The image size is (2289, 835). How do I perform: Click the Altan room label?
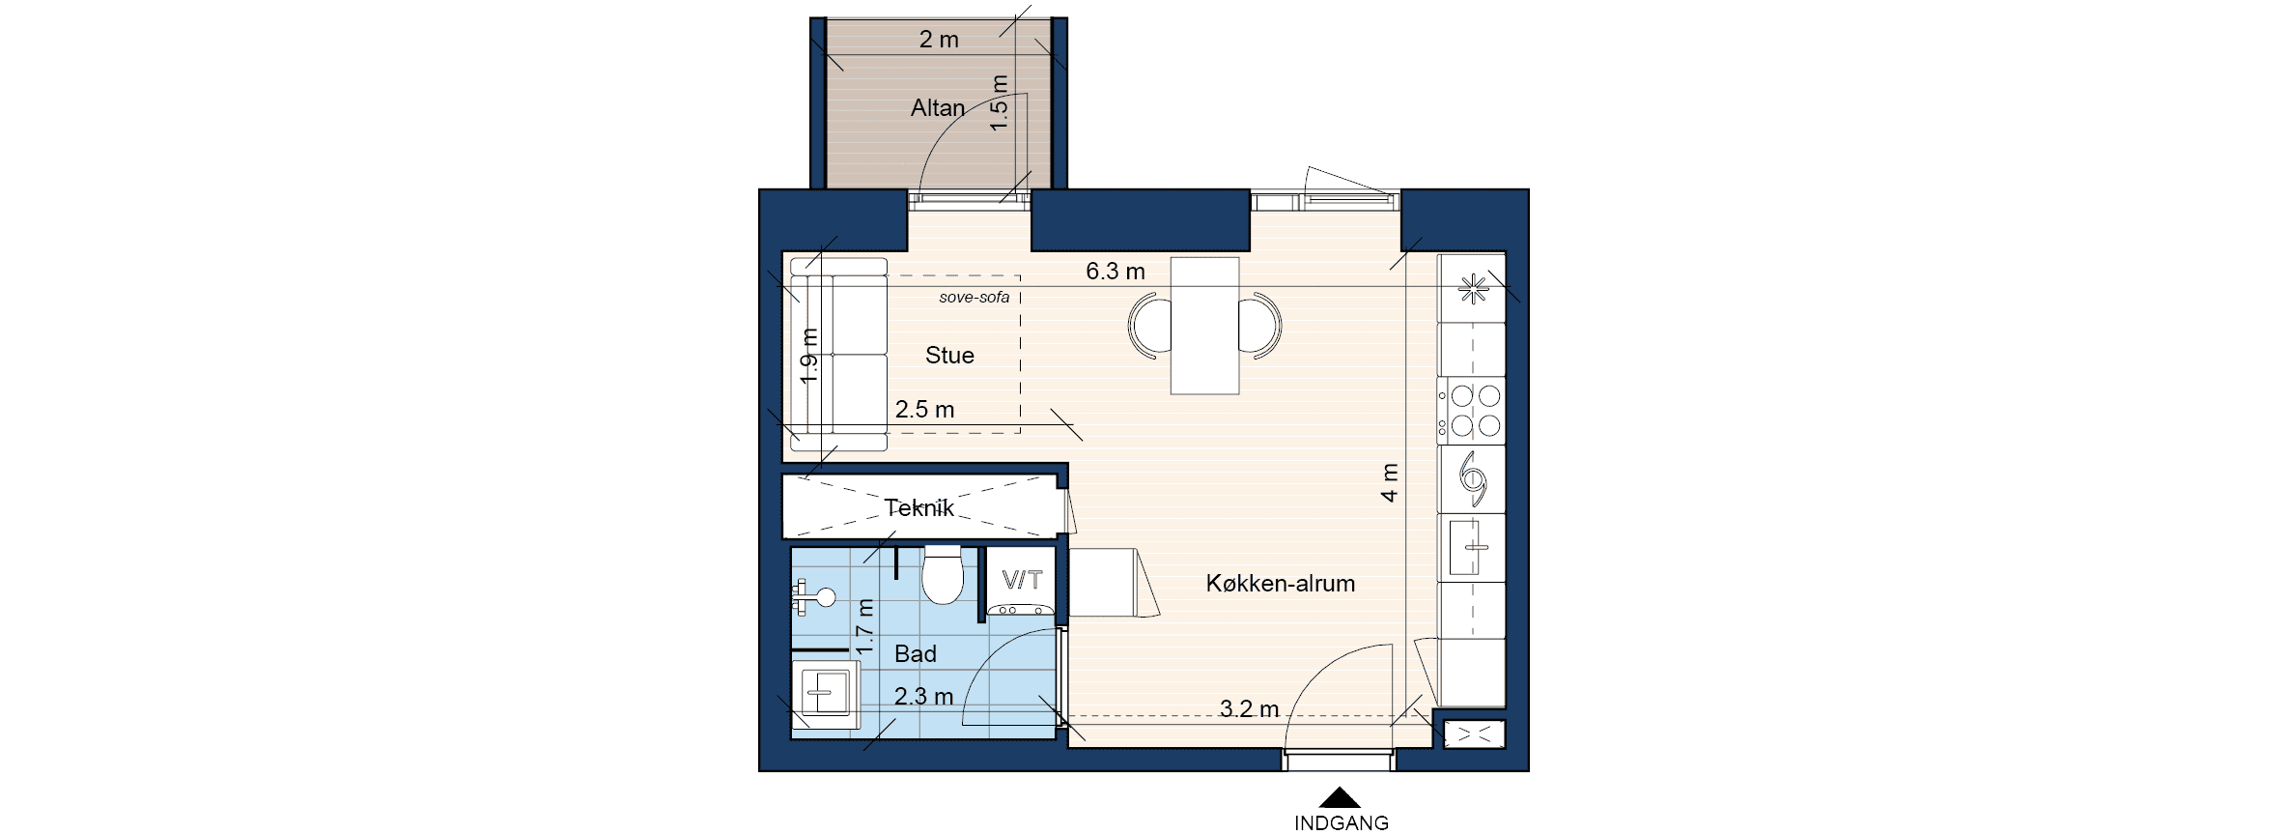pos(938,107)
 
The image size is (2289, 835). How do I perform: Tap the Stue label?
pos(949,356)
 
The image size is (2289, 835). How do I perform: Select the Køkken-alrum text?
pos(1281,584)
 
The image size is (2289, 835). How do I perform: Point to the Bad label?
pos(916,654)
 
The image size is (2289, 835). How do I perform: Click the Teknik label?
pos(919,508)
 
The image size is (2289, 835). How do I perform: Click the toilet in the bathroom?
pos(943,578)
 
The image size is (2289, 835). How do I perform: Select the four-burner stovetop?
pos(1471,411)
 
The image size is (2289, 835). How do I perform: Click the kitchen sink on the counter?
pos(1472,547)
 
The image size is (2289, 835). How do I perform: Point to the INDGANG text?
pos(1342,823)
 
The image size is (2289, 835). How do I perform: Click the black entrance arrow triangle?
pos(1341,797)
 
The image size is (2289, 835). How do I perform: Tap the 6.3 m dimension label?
pos(1116,272)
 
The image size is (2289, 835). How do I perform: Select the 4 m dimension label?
pos(1389,483)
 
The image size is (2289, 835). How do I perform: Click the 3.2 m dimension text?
pos(1249,709)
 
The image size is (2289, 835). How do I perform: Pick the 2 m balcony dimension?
pos(939,40)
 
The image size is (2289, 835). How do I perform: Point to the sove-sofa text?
pos(975,297)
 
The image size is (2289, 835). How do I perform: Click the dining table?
pos(1204,326)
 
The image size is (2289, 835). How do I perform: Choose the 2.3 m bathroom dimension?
pos(923,697)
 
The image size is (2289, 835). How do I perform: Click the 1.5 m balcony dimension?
pos(1000,103)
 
